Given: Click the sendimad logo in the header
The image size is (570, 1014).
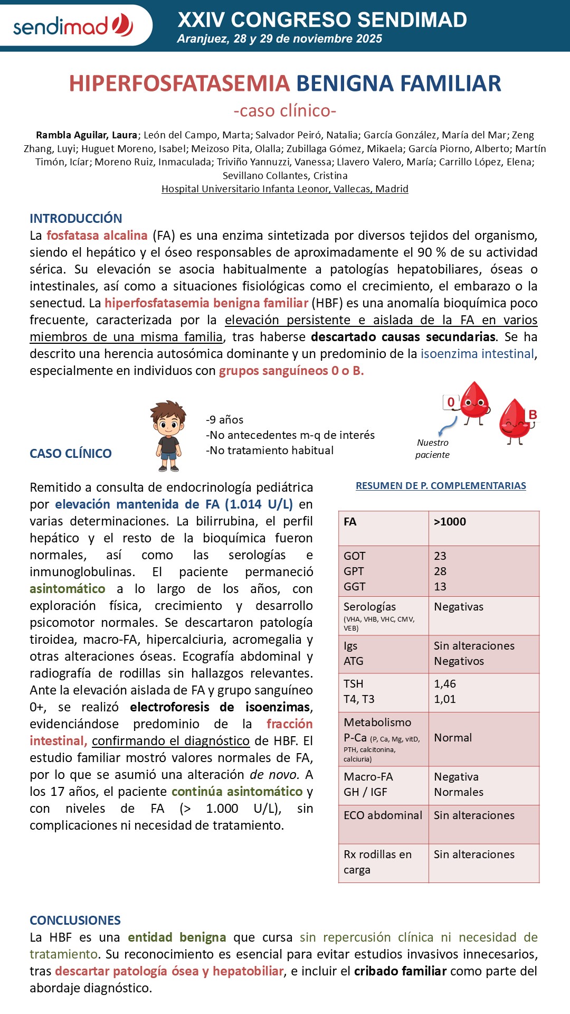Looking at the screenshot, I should point(73,25).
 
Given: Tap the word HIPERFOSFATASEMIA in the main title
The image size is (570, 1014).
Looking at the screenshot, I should point(179,83).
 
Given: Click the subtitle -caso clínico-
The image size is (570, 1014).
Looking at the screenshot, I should point(284,111).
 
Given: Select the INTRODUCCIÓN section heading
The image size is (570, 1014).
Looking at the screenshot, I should point(75,218).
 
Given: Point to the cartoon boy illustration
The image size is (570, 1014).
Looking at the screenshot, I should point(168,436).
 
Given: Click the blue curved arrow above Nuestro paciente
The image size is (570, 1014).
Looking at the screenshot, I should point(449,425).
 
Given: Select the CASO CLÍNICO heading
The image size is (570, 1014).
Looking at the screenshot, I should point(70,453).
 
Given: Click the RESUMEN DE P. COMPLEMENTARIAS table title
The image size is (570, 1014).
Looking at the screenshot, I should point(441,485).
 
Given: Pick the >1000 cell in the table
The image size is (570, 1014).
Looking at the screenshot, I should point(450,522).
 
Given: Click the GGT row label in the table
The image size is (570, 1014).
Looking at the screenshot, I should point(354,586).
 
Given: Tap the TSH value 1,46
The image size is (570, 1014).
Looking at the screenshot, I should point(445,683).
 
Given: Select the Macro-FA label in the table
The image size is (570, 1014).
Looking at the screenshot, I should point(368,776).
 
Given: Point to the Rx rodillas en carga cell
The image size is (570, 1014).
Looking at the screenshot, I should point(377,862).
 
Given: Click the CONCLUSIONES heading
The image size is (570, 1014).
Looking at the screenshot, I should point(75,920).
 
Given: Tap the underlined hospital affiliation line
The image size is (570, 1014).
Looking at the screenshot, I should point(284,189).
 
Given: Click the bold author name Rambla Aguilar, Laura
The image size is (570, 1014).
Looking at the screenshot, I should point(87,135).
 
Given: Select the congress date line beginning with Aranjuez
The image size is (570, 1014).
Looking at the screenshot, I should point(279,39).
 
